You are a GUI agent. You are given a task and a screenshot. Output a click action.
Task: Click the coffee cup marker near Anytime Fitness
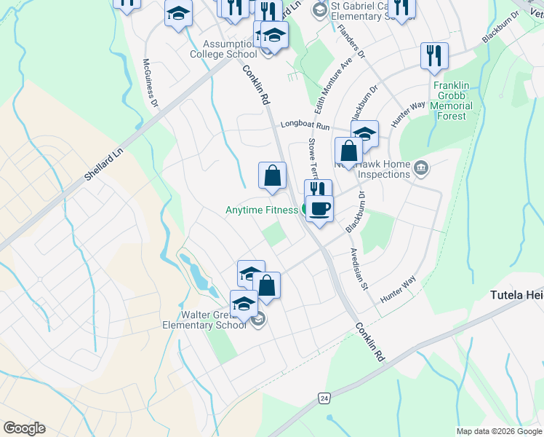tap(319, 209)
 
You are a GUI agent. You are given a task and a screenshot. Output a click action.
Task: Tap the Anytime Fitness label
tap(262, 210)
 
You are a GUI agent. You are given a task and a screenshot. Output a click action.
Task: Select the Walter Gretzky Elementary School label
tap(204, 320)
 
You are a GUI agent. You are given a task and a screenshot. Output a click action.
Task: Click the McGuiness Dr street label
tap(151, 83)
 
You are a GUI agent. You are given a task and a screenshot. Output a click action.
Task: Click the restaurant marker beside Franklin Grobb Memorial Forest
tap(434, 55)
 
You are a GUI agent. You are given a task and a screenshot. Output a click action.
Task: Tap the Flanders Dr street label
tap(351, 44)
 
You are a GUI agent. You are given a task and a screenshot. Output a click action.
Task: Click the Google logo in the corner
tap(24, 428)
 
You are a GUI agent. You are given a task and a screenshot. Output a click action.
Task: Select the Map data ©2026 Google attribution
tap(499, 431)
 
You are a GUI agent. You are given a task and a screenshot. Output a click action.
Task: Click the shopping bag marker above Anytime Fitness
tap(272, 176)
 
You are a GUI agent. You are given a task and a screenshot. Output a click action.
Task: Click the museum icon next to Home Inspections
tap(420, 170)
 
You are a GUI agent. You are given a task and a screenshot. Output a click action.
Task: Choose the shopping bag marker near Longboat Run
tap(349, 151)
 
